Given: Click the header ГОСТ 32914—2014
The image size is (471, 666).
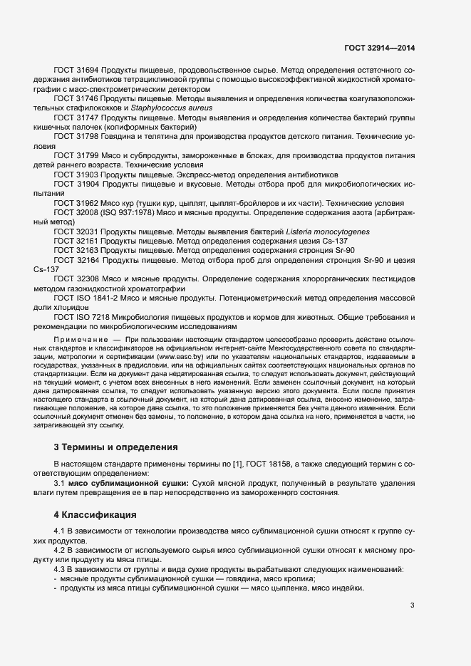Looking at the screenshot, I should pos(378,48).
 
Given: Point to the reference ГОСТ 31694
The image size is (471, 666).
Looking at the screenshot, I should pos(76,71).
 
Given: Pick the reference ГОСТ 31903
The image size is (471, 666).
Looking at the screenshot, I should pos(76,175).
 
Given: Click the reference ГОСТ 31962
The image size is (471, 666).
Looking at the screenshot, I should pos(76,202).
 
